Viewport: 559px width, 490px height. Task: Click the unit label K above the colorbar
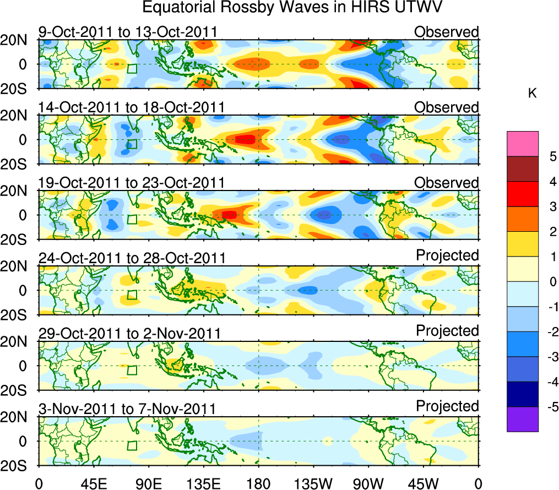[x=532, y=94]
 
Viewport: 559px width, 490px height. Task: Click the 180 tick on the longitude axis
[x=258, y=483]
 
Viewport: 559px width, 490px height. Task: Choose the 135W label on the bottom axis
[x=313, y=483]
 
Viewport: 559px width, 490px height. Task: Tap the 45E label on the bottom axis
[x=93, y=483]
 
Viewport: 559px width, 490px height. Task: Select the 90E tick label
[x=148, y=483]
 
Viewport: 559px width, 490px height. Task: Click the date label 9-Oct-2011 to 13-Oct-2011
[x=127, y=32]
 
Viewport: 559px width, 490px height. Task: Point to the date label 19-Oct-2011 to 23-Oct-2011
[x=131, y=183]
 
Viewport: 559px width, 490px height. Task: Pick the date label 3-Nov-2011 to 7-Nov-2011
[x=127, y=409]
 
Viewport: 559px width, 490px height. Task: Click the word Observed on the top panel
[x=447, y=32]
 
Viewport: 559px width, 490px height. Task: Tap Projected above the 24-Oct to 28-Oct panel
[x=447, y=255]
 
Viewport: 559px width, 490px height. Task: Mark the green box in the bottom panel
[x=132, y=445]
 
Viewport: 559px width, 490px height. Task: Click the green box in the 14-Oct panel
[x=132, y=144]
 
